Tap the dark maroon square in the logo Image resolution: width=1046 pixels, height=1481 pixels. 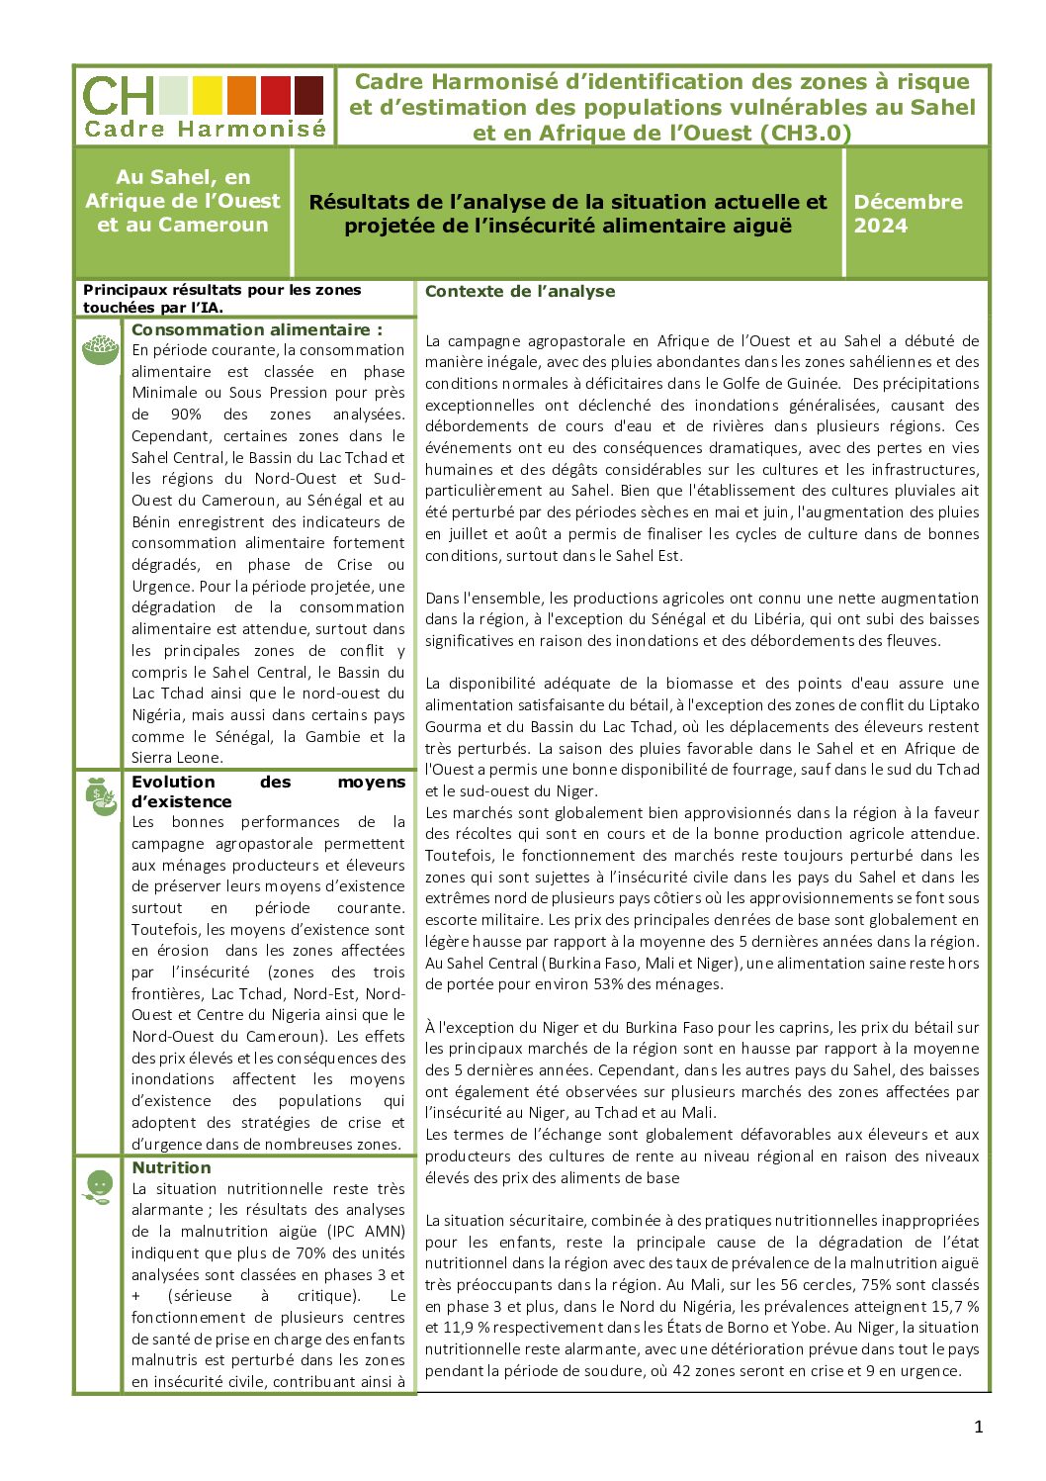(309, 95)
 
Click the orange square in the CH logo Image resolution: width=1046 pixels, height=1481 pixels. (241, 95)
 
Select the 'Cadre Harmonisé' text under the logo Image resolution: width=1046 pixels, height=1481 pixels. (205, 129)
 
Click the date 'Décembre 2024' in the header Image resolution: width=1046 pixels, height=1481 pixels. (908, 214)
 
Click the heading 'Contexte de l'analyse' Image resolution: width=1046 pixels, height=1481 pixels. (520, 292)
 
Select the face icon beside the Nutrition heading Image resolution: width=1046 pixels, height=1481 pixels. (99, 1184)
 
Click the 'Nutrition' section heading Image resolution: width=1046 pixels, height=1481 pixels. (171, 1167)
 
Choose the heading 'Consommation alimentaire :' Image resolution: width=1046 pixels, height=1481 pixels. (256, 329)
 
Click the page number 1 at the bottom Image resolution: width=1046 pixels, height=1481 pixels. (979, 1426)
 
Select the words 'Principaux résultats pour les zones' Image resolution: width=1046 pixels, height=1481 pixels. (221, 290)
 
